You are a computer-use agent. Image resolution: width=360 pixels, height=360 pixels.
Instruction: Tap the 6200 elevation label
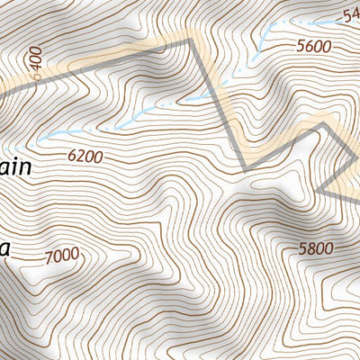[85, 156]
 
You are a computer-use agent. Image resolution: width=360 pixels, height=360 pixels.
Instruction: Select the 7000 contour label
[61, 256]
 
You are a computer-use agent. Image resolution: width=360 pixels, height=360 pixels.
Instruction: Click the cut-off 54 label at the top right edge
[351, 15]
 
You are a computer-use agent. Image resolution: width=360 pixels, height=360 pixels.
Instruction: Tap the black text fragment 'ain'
[16, 167]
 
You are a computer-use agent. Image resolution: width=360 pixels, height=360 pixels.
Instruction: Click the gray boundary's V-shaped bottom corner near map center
[246, 168]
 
